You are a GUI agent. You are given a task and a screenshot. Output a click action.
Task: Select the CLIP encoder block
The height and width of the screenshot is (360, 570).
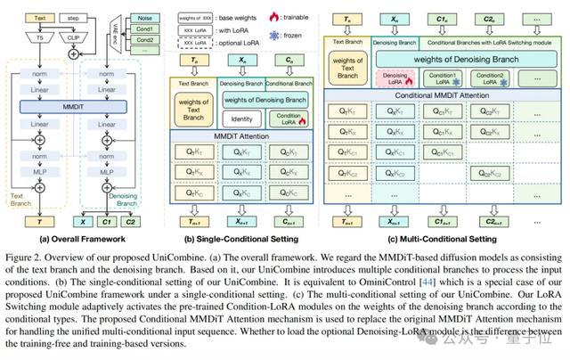coord(73,37)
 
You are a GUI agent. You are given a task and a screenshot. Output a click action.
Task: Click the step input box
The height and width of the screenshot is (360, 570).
coord(74,17)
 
